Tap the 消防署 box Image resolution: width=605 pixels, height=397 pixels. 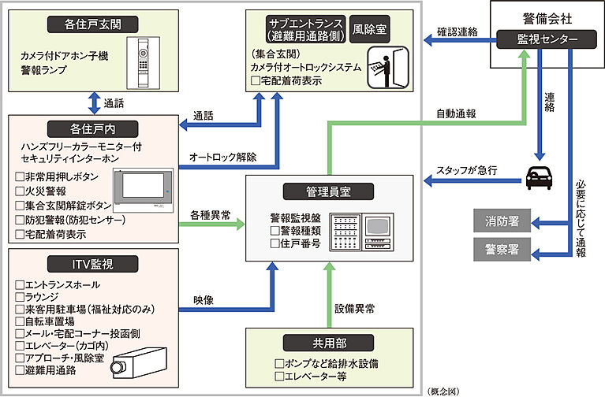pyautogui.click(x=502, y=221)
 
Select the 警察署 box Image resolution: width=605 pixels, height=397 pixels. pyautogui.click(x=502, y=250)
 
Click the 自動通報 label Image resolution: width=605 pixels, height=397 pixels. pyautogui.click(x=457, y=113)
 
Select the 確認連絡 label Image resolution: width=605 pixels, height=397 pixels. pyautogui.click(x=457, y=32)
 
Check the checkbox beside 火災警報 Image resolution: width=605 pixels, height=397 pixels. pyautogui.click(x=20, y=190)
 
